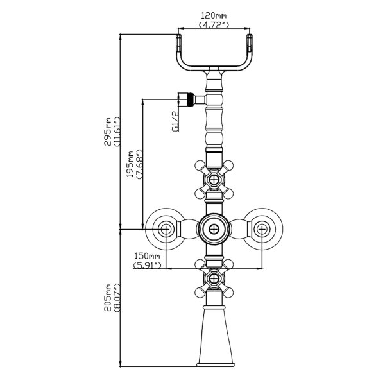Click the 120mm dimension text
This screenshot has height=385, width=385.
pyautogui.click(x=214, y=15)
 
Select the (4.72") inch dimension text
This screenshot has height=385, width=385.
pyautogui.click(x=214, y=24)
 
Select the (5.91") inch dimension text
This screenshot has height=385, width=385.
pyautogui.click(x=146, y=264)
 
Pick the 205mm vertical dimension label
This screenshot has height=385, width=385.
pyautogui.click(x=108, y=298)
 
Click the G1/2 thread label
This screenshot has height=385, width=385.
pyautogui.click(x=175, y=121)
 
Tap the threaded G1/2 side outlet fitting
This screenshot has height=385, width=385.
pyautogui.click(x=188, y=99)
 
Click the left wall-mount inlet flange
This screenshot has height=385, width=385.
pyautogui.click(x=166, y=228)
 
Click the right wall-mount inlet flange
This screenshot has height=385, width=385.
pyautogui.click(x=262, y=228)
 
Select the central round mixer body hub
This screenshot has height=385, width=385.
pyautogui.click(x=214, y=228)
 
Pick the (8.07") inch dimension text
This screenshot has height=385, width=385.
pyautogui.click(x=117, y=298)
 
